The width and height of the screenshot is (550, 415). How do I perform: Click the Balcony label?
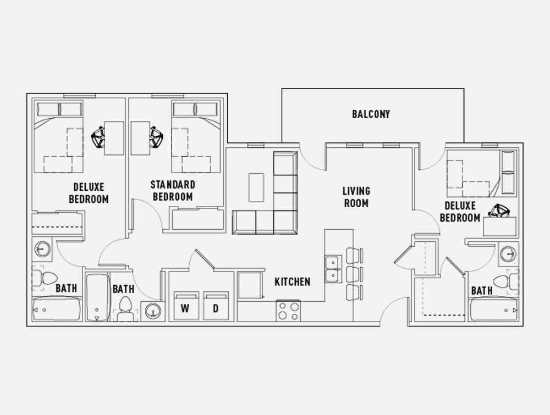tap(371, 114)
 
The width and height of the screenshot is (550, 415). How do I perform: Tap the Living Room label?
tap(356, 197)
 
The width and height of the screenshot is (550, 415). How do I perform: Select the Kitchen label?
tap(292, 282)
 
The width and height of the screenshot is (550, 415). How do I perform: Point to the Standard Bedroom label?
tap(173, 191)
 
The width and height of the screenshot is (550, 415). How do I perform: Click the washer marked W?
tap(185, 306)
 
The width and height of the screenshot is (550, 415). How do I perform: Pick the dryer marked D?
tap(216, 306)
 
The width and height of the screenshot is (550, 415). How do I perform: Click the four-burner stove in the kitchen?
tap(288, 311)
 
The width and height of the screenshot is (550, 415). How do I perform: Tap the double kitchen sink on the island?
tap(333, 269)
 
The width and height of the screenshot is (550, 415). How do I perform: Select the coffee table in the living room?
tap(256, 187)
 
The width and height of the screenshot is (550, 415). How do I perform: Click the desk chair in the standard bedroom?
tap(156, 138)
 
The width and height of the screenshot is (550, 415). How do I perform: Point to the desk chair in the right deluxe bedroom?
tap(499, 211)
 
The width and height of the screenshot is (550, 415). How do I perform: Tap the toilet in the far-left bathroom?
tap(45, 279)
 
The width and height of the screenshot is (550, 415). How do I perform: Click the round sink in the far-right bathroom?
tap(508, 254)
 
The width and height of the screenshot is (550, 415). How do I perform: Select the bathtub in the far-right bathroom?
tap(493, 310)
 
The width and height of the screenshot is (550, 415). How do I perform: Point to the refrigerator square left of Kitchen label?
tap(250, 285)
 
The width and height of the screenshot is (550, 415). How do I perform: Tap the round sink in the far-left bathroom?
tap(42, 250)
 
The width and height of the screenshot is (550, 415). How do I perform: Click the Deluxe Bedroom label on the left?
tap(89, 193)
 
